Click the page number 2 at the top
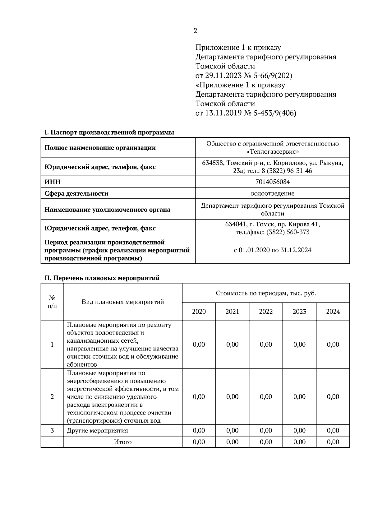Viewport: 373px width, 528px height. [195, 31]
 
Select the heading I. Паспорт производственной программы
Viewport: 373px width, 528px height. [109, 132]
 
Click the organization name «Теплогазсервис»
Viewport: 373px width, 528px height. [272, 152]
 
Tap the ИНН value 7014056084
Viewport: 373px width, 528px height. [272, 182]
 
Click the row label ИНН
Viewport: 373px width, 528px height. [53, 182]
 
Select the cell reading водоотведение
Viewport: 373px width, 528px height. [272, 193]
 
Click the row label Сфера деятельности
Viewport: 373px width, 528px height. [76, 193]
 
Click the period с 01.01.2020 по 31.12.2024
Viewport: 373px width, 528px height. [272, 250]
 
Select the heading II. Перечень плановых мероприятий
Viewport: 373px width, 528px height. [102, 278]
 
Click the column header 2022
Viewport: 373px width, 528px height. [266, 312]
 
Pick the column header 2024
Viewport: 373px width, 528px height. [333, 312]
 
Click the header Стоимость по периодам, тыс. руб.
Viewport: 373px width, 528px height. [266, 293]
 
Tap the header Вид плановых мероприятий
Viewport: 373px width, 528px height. [123, 302]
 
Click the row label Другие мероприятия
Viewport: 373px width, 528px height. [97, 431]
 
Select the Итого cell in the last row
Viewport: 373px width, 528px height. [123, 442]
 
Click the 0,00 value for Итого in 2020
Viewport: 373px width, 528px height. [199, 442]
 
